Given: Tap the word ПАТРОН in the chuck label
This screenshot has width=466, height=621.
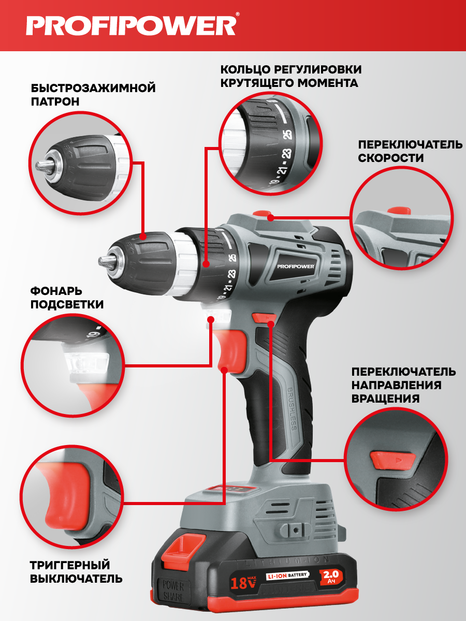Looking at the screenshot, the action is pos(55,102).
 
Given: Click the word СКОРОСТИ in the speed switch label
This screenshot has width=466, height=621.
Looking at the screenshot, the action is pos(391,158).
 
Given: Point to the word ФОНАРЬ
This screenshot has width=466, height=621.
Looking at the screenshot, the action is pos(52,291).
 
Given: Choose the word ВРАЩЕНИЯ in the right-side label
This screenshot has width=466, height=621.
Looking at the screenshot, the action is pos(385,398).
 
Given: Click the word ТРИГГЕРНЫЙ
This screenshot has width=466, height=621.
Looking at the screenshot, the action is pos(70,565).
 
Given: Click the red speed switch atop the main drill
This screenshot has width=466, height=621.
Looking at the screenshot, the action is pos(262,214).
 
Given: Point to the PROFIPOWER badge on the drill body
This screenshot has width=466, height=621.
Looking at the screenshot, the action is pos(295,266).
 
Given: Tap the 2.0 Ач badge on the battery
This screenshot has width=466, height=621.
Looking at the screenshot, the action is pos(331,577).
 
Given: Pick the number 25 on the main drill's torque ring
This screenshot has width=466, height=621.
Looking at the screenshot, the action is pos(233,258).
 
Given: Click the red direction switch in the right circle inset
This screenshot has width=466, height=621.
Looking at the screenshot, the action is pos(392,460).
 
